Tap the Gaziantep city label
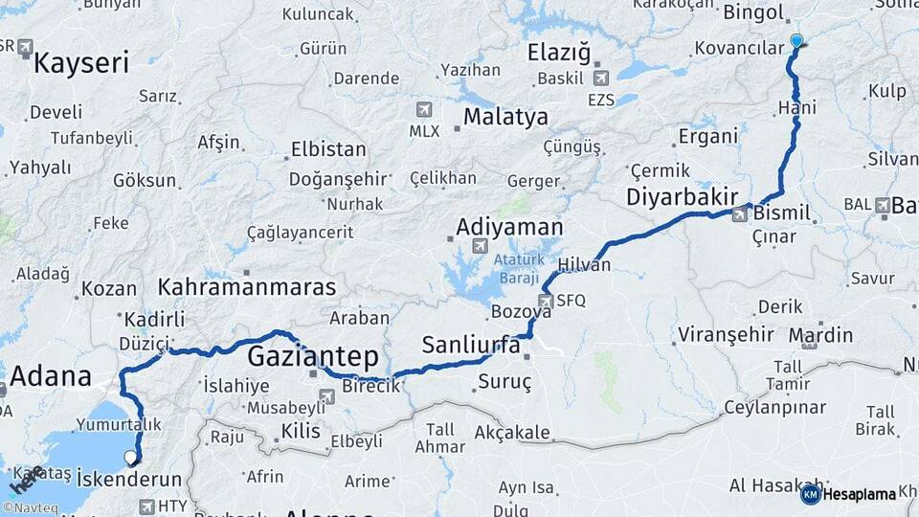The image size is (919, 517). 312,356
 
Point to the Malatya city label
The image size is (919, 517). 505,117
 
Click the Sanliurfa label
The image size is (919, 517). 470,345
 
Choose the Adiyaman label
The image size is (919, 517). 509,227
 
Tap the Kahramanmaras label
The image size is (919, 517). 247,286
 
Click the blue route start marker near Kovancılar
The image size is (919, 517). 796,41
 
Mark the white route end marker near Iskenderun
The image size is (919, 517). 131,459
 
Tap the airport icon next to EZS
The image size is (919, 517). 601,79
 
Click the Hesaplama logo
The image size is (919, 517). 847,494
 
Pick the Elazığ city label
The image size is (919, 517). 559,52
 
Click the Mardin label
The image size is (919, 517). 821,335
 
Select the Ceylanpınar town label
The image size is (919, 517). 774,408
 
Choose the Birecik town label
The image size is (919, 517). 370,387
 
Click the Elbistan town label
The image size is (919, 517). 327,149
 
